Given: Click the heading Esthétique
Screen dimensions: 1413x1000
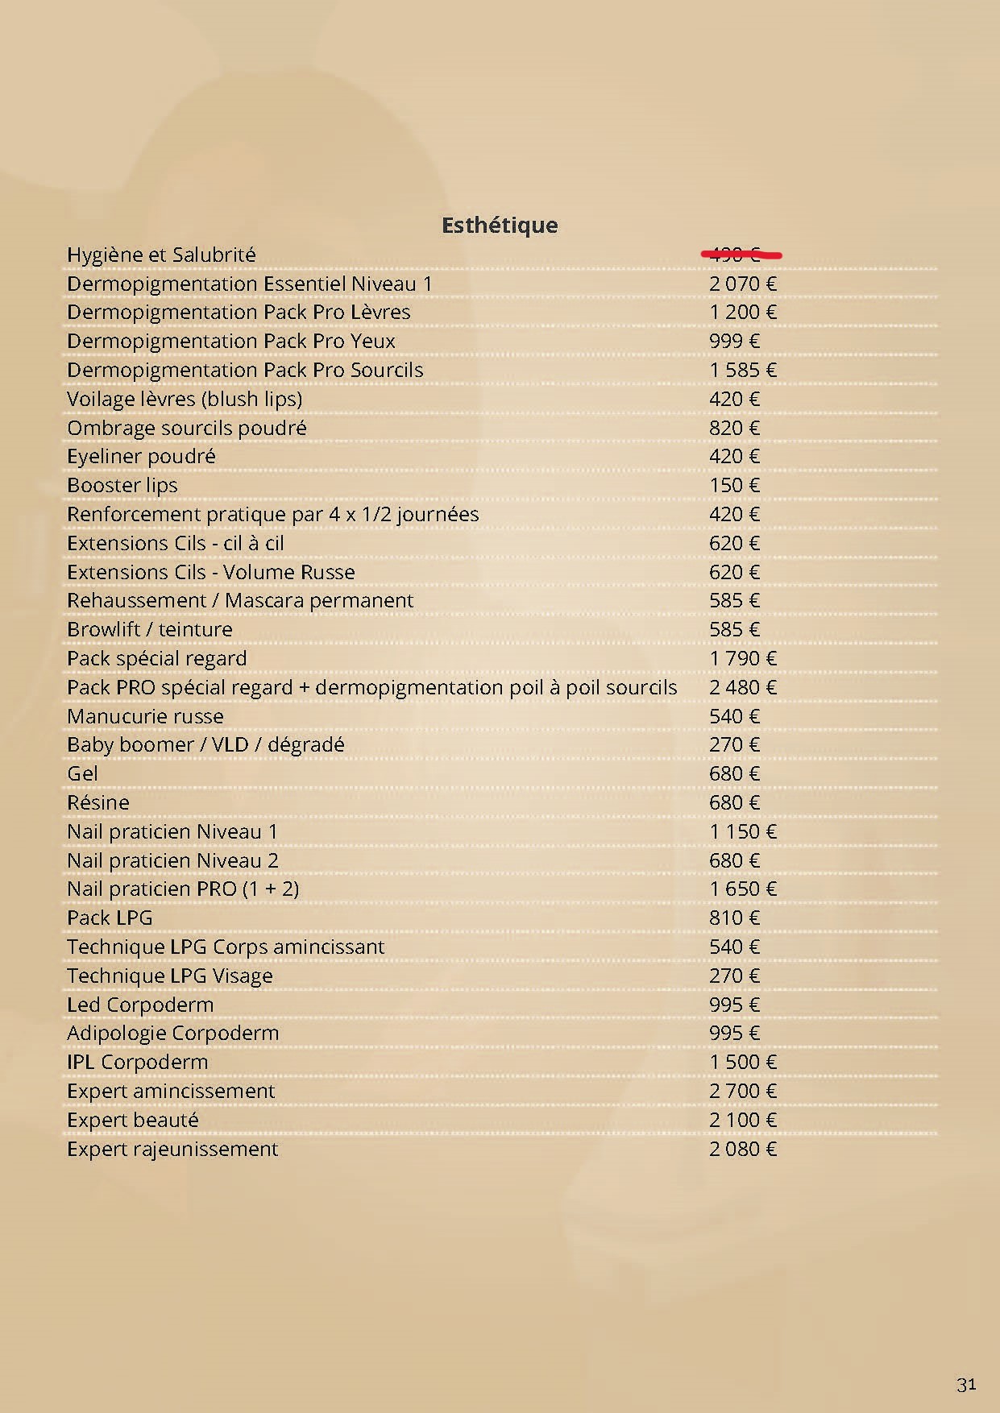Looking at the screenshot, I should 500,225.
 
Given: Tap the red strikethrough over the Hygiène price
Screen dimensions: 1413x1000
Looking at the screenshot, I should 741,255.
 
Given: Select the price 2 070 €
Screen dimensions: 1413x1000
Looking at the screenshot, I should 742,284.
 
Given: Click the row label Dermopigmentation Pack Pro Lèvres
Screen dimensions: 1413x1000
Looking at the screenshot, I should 239,313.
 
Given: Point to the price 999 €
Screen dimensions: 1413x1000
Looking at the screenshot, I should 734,342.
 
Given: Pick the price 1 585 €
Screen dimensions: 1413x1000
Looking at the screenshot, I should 742,371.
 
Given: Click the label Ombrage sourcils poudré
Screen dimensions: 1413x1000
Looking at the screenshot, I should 186,428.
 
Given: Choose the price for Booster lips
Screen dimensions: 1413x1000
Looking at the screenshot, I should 734,486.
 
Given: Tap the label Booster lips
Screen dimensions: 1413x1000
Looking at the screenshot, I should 122,486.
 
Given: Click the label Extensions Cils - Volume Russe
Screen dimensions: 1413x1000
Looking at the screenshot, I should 210,572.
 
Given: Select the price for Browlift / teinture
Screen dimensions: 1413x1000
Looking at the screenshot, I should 734,630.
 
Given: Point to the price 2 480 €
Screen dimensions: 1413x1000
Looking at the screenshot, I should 742,688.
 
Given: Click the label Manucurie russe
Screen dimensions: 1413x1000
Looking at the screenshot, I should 145,717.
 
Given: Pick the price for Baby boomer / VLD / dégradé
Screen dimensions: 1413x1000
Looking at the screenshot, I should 734,745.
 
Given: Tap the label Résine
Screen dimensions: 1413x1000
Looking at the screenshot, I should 98,803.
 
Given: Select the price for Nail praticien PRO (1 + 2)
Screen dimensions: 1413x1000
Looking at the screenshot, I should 742,889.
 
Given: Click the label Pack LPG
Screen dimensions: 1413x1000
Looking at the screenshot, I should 110,918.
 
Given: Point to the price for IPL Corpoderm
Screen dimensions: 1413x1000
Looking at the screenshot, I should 742,1063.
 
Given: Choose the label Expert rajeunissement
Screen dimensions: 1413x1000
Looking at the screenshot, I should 172,1149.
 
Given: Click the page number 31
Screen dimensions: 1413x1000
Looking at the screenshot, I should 966,1384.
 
